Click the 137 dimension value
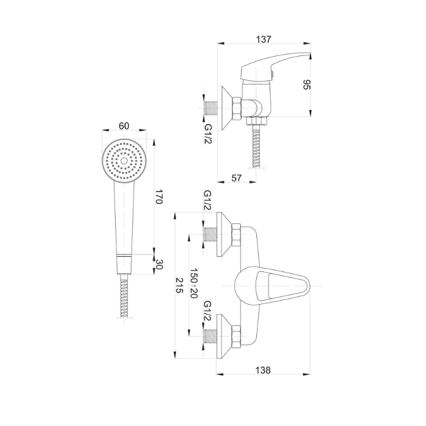coord(264,40)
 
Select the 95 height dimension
coord(307,85)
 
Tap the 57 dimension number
coord(236,178)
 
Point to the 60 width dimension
coord(124,126)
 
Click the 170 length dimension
coord(159,197)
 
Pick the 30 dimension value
coord(159,264)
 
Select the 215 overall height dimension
coord(180,285)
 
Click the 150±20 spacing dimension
coord(194,283)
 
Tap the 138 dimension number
coord(263,370)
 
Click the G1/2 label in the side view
coord(208,134)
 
